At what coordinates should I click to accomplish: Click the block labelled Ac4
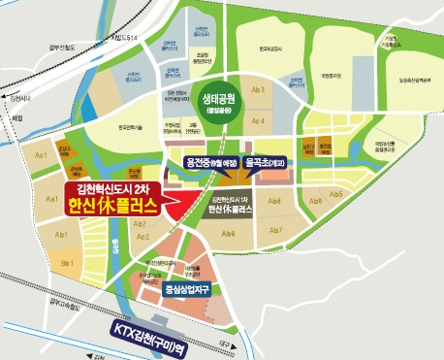click(x=259, y=120)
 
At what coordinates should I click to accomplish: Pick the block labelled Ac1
click(x=42, y=156)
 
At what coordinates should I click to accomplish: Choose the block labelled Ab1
click(x=60, y=235)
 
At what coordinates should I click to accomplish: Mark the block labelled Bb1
click(x=67, y=263)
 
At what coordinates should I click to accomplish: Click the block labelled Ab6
click(x=229, y=233)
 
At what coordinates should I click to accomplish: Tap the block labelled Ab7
click(x=275, y=230)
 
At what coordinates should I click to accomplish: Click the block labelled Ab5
click(x=335, y=194)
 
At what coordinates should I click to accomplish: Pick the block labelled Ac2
click(x=143, y=236)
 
